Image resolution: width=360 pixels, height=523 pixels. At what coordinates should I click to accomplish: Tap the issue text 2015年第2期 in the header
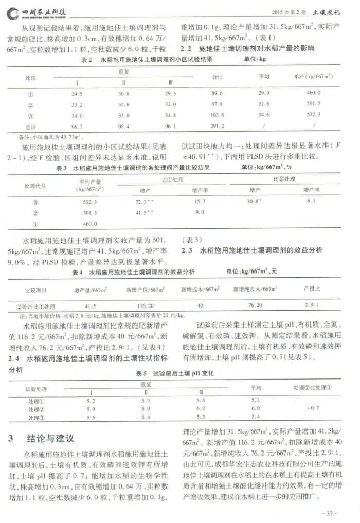click(x=292, y=11)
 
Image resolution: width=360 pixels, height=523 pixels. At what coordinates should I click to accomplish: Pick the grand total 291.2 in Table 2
click(x=218, y=126)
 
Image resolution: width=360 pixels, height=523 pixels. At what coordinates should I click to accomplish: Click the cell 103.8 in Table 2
click(x=218, y=115)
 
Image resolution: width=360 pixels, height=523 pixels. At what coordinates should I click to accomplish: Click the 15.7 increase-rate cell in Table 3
click(x=200, y=202)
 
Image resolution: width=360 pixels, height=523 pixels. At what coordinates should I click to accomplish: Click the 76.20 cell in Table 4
click(x=255, y=305)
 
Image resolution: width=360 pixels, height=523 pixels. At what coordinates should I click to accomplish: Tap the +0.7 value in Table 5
click(x=313, y=408)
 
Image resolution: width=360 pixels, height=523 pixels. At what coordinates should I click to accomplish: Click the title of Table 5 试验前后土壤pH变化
click(x=179, y=372)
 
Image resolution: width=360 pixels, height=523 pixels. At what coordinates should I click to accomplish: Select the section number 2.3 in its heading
click(x=187, y=250)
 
